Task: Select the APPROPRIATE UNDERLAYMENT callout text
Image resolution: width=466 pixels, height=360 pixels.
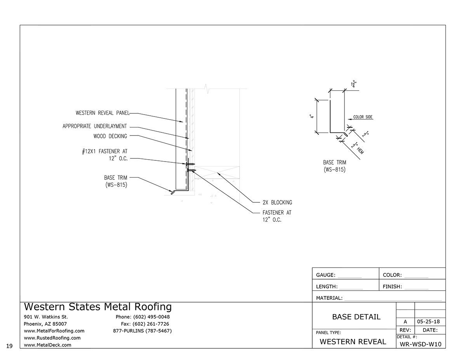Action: pyautogui.click(x=95, y=126)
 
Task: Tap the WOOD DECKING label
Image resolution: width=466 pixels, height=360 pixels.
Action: pyautogui.click(x=110, y=136)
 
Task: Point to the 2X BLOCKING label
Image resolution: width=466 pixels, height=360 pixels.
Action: pyautogui.click(x=277, y=202)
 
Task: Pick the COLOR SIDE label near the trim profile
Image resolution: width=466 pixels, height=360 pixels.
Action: pyautogui.click(x=363, y=117)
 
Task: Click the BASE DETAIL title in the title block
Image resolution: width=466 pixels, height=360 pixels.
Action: pyautogui.click(x=356, y=317)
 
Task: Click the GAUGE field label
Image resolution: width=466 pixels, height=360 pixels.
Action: pyautogui.click(x=325, y=275)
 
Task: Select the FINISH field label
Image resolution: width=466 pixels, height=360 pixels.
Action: pyautogui.click(x=392, y=287)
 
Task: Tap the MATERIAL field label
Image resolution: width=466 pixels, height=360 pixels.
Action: pyautogui.click(x=329, y=298)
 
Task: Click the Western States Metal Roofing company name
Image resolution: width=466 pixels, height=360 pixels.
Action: pyautogui.click(x=97, y=307)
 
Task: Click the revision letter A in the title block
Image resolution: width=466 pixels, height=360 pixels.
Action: pyautogui.click(x=405, y=322)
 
